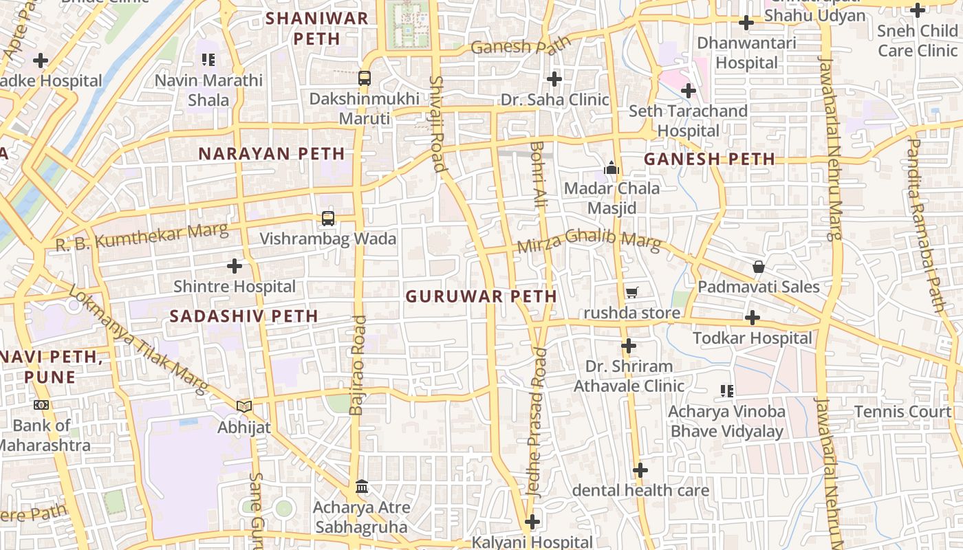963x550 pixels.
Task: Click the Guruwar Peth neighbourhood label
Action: (x=481, y=296)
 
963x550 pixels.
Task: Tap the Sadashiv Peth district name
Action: (x=244, y=316)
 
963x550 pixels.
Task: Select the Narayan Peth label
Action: (x=272, y=153)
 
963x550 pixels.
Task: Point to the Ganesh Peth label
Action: (x=709, y=159)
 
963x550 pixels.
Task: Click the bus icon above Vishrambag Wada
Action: (x=328, y=219)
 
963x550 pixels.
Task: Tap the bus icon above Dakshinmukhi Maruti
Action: (x=365, y=78)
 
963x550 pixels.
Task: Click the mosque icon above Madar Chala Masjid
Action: (x=611, y=168)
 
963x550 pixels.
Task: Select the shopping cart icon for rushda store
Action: (x=631, y=293)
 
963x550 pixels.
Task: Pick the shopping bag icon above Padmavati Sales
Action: (x=759, y=267)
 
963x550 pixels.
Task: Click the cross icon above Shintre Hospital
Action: (x=235, y=265)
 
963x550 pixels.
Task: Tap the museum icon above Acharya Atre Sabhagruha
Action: (x=362, y=487)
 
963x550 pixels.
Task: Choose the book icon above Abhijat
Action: (x=244, y=406)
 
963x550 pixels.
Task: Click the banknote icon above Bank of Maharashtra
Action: (x=41, y=405)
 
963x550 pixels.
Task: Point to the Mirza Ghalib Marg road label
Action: (x=589, y=241)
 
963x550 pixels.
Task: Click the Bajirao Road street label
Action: (x=357, y=365)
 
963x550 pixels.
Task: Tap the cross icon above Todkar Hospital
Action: (x=753, y=318)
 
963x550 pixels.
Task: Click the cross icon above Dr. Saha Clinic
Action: (x=554, y=79)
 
